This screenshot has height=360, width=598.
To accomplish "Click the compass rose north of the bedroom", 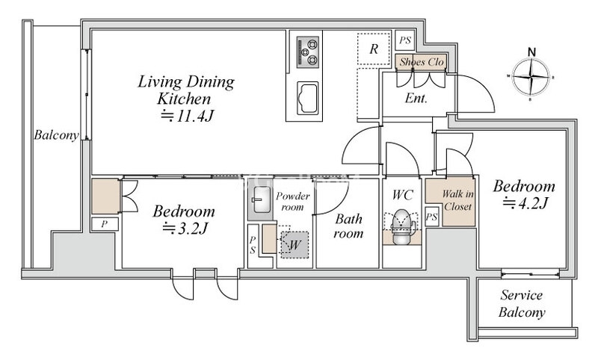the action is click(x=531, y=78).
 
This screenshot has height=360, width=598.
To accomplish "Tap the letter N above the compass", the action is click(x=531, y=52).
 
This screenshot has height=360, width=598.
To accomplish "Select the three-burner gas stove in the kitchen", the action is click(x=308, y=52).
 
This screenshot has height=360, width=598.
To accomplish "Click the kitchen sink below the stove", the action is click(x=307, y=98).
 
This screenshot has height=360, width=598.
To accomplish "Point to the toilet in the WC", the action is click(x=401, y=228).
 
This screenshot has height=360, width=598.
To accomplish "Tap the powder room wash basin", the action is click(x=261, y=200).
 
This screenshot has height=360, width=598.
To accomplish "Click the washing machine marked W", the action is click(x=294, y=245).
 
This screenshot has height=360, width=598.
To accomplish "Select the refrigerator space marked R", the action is click(x=374, y=49).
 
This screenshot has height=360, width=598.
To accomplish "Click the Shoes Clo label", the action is click(x=422, y=62).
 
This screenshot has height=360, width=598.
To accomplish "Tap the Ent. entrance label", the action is click(x=416, y=99).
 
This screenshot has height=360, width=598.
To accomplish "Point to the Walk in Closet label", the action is click(x=457, y=200).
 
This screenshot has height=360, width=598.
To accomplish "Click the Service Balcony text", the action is click(x=522, y=304).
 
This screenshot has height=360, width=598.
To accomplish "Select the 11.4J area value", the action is click(x=188, y=116).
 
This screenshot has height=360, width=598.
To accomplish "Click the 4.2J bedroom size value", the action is click(x=525, y=203).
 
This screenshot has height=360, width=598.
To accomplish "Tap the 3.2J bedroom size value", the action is click(x=185, y=229).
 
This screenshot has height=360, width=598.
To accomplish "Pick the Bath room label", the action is click(x=348, y=226).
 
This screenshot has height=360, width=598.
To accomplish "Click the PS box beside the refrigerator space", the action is click(x=405, y=40).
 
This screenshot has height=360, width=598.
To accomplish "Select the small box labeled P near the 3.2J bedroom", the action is click(x=105, y=224).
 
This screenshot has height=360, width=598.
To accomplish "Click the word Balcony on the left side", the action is click(x=57, y=135).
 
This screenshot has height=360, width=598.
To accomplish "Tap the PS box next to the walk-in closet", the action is click(x=431, y=217).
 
